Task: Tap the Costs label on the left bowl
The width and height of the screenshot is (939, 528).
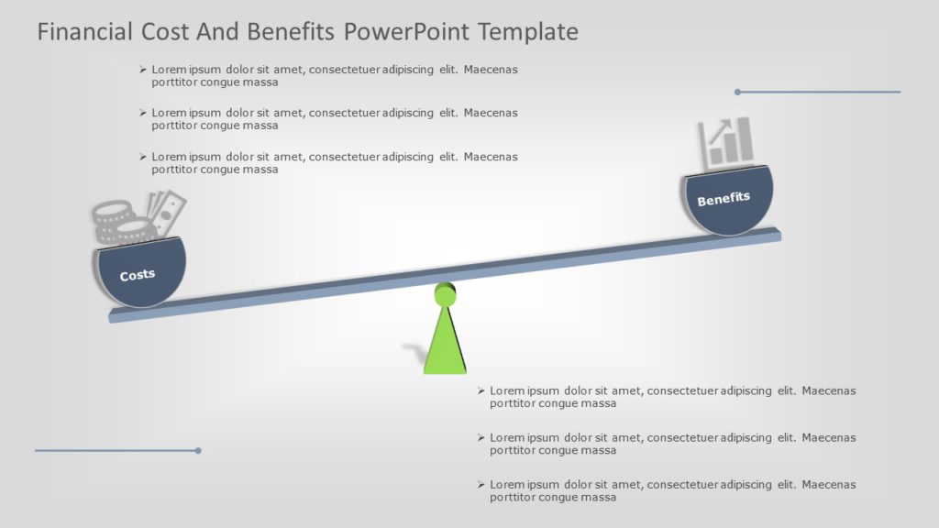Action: click(x=138, y=275)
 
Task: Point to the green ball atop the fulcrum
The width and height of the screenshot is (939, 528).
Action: click(x=446, y=295)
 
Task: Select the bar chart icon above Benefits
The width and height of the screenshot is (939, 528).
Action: click(x=726, y=142)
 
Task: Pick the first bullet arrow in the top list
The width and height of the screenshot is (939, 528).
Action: click(x=143, y=70)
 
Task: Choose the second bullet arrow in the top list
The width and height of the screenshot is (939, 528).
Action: click(x=143, y=113)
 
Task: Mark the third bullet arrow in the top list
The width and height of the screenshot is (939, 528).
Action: click(x=143, y=157)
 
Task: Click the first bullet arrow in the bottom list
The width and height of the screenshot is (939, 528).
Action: click(x=481, y=390)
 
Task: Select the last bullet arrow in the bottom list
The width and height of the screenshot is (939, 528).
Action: click(x=481, y=484)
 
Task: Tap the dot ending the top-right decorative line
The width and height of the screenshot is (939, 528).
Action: click(x=737, y=92)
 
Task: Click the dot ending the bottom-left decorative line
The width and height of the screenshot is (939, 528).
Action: click(x=198, y=450)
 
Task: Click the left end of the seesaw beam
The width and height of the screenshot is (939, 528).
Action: click(x=115, y=315)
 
